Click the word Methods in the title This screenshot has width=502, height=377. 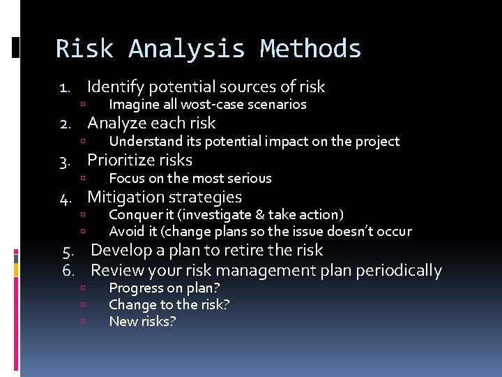pos(310,49)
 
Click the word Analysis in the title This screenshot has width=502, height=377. pos(186,49)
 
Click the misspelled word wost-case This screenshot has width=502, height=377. pos(208,105)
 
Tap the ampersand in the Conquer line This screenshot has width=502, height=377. pos(259,214)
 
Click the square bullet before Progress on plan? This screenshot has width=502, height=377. pos(82,288)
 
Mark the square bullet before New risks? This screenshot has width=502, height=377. pos(82,322)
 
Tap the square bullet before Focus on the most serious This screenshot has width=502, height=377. pos(82,179)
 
